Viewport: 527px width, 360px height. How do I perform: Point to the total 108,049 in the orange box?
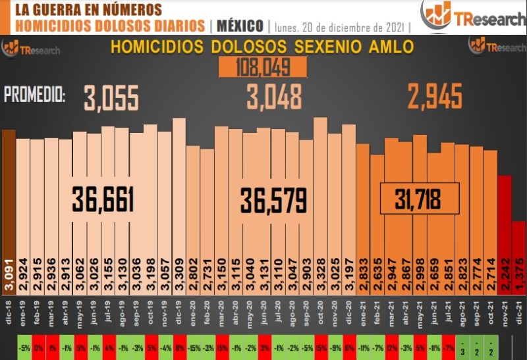263,66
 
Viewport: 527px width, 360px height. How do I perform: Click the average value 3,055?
111,99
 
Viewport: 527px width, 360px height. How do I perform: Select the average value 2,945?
435,97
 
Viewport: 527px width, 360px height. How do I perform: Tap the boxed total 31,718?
418,198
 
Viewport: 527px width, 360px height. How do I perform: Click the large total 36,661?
103,200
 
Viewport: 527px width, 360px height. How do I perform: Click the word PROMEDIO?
35,95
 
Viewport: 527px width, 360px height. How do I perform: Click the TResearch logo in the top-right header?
473,16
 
